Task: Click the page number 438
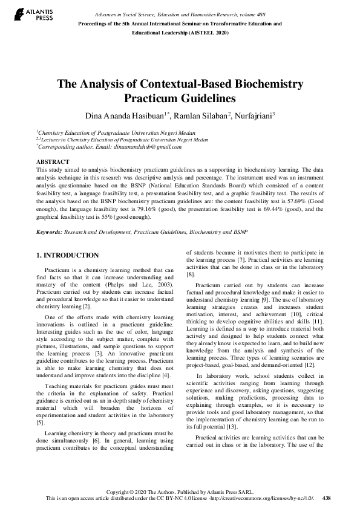(327, 498)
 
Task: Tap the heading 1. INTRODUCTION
(67, 256)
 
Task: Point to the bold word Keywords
(49, 232)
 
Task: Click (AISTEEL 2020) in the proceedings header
(208, 33)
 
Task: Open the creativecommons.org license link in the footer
(261, 498)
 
